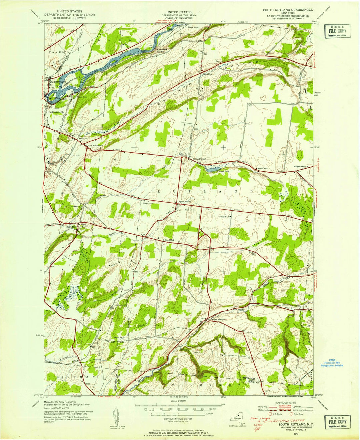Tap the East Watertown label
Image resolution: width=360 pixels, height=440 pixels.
pyautogui.click(x=95, y=146)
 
